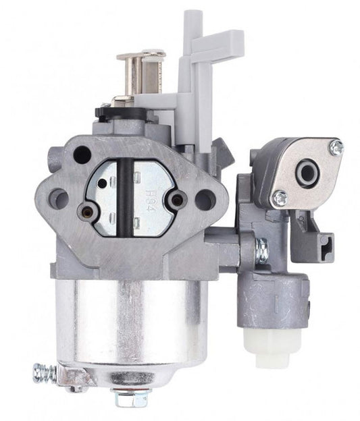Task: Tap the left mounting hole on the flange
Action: coord(59,199)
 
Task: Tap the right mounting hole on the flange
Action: coord(205,199)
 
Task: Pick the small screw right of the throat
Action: coord(178,199)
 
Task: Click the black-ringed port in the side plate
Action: coord(307,173)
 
